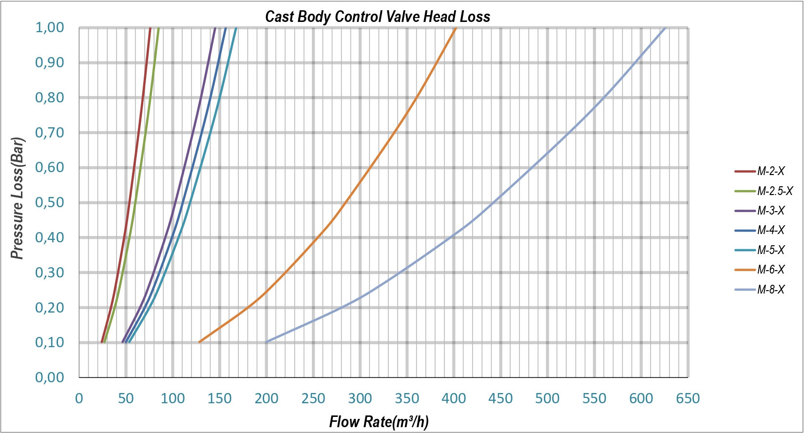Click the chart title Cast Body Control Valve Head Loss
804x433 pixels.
click(377, 17)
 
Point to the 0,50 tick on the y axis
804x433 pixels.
click(50, 202)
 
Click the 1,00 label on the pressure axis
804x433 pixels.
click(50, 27)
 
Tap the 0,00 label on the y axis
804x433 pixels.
click(50, 377)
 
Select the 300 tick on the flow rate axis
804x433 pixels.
click(360, 398)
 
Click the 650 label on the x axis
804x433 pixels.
click(688, 398)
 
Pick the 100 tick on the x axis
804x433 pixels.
click(173, 398)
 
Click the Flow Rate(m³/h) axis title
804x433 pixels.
click(379, 421)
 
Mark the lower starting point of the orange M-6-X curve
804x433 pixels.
click(199, 342)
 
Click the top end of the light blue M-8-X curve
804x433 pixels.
click(665, 28)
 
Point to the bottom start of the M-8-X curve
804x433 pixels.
click(267, 342)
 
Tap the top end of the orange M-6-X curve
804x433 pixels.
click(455, 28)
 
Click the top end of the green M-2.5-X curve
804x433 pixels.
click(158, 28)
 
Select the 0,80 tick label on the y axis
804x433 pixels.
click(50, 98)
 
